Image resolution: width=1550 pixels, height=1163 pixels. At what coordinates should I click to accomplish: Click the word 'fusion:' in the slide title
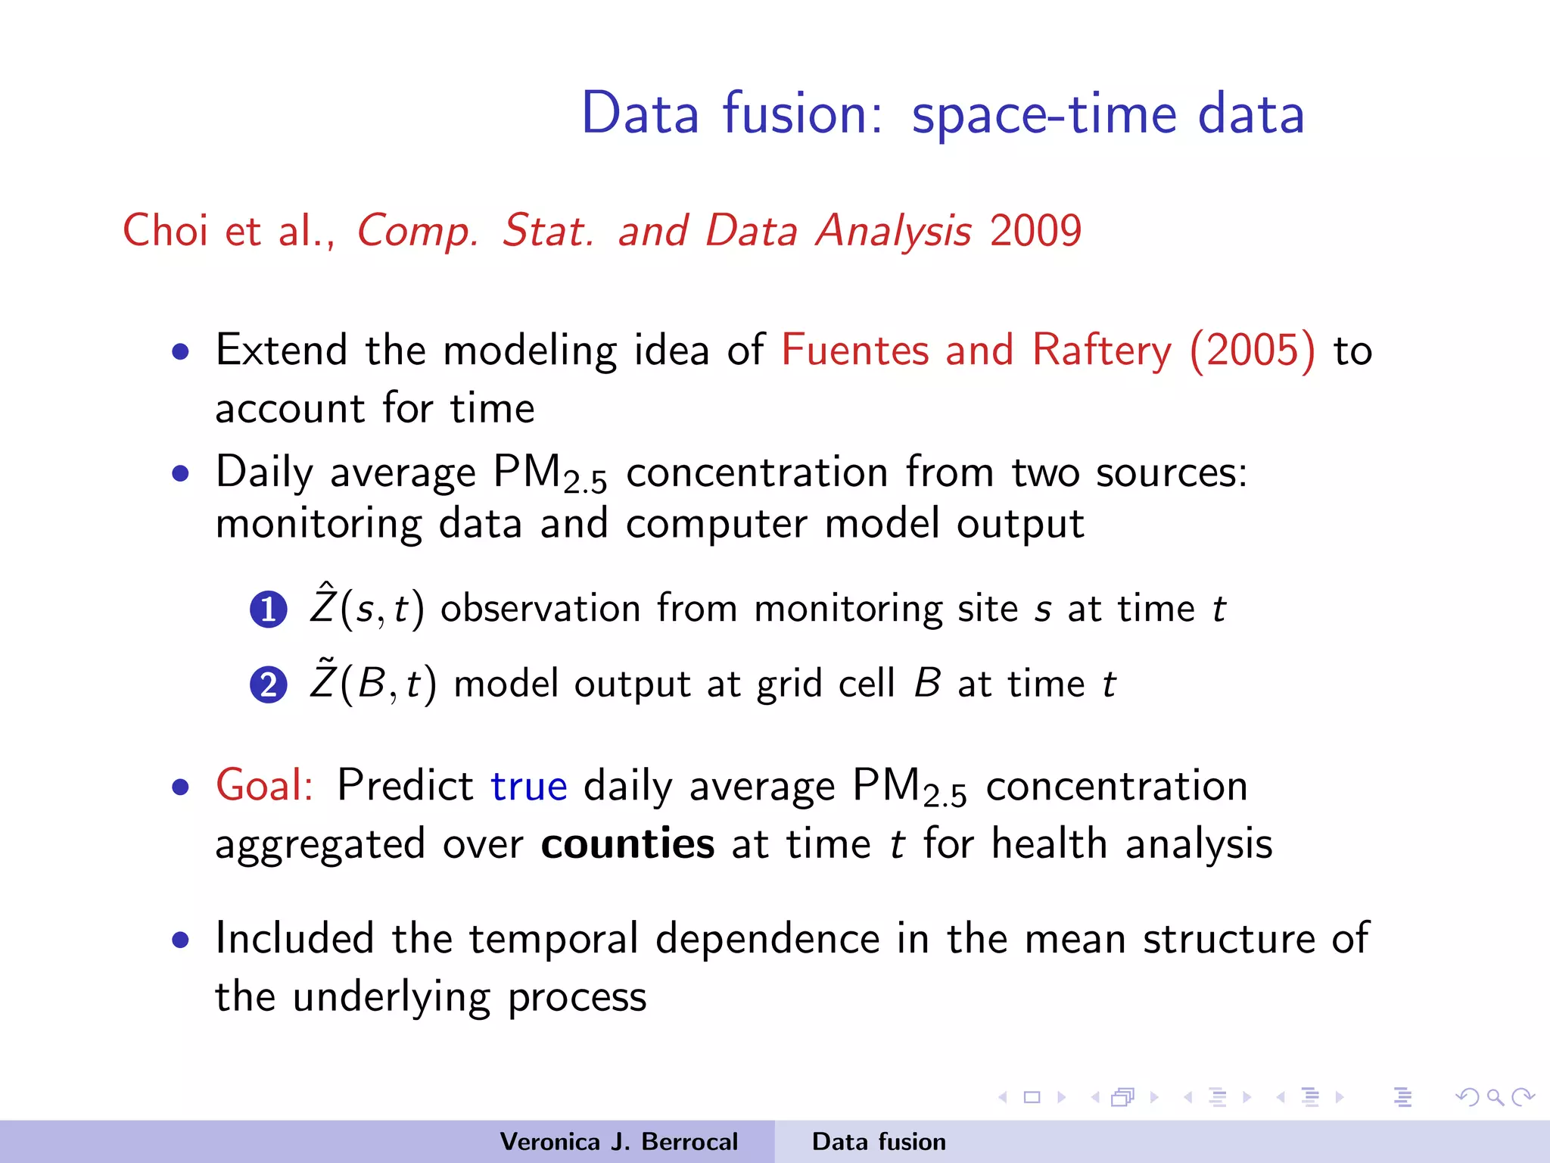(x=802, y=114)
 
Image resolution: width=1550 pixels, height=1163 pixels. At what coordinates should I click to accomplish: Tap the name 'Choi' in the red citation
(x=165, y=230)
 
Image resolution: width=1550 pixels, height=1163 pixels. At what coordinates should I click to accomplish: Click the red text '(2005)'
(x=1253, y=351)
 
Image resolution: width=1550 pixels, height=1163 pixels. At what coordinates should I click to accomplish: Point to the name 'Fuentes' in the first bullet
(x=854, y=351)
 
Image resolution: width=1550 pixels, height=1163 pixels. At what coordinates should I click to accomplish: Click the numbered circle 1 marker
(x=268, y=610)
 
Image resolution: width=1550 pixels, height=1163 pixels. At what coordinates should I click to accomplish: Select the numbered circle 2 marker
(x=268, y=686)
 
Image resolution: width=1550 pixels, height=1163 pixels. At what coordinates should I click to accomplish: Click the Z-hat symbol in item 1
(x=323, y=606)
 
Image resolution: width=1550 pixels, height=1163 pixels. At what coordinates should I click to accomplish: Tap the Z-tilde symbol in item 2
(x=323, y=681)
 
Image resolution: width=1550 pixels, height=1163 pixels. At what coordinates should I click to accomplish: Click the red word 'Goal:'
(x=264, y=785)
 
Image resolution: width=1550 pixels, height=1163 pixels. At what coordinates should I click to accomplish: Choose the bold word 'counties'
(x=627, y=844)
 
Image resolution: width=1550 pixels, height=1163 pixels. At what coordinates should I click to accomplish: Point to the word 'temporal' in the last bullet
(x=554, y=939)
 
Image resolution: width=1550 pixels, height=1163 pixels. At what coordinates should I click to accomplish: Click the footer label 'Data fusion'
(x=879, y=1142)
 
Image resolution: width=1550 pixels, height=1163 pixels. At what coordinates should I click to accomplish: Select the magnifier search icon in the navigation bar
(x=1495, y=1097)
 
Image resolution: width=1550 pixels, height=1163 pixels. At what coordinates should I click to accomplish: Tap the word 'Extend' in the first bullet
(x=282, y=351)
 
